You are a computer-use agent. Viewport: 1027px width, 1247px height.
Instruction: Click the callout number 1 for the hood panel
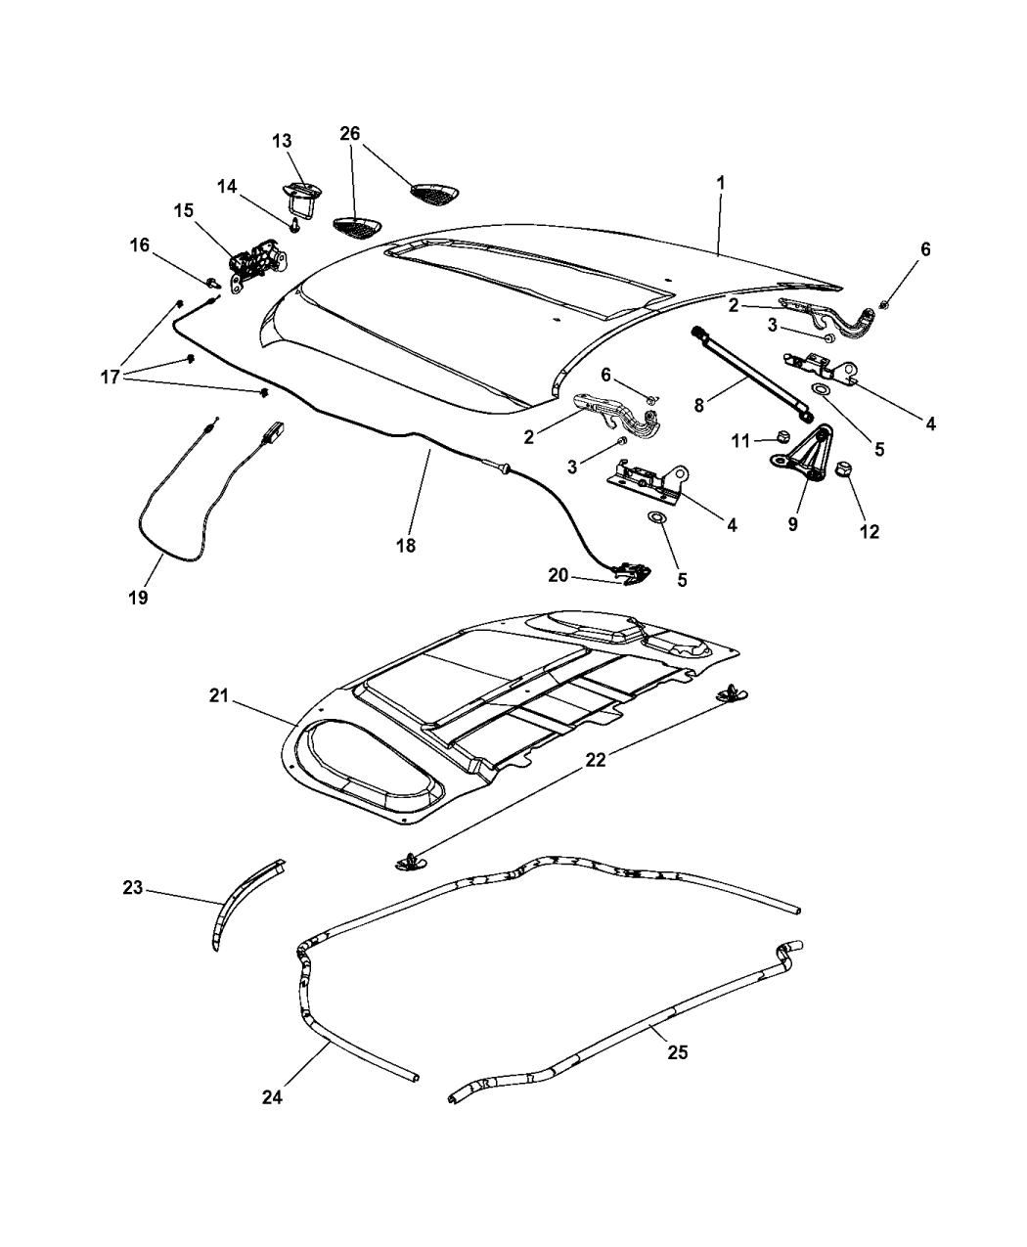(720, 182)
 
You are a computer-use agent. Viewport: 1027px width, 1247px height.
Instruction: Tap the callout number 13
(282, 141)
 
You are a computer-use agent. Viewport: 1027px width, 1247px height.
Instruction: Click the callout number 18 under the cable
(405, 546)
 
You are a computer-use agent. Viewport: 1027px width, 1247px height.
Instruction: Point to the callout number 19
(138, 597)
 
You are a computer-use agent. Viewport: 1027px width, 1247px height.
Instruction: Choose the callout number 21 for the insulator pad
(218, 695)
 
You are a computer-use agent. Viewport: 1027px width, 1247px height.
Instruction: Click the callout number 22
(596, 758)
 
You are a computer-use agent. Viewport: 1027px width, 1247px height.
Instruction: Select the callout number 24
(272, 1097)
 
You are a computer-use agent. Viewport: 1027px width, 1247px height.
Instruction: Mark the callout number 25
(677, 1052)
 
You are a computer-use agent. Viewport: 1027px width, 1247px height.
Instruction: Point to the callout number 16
(139, 245)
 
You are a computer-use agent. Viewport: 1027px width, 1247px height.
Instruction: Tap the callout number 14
(227, 186)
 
